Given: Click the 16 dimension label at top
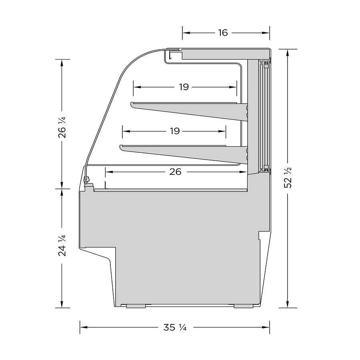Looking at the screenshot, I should point(223,33).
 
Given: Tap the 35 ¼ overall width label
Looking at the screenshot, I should point(175,328).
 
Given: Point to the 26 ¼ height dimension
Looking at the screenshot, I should point(62,127).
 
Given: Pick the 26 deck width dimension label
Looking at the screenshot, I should point(175,172).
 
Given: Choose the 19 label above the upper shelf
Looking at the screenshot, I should point(184,87).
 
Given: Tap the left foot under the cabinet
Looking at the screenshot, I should point(136,306).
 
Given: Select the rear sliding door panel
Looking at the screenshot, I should point(264,116).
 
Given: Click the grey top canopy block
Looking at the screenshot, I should point(224,54).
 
